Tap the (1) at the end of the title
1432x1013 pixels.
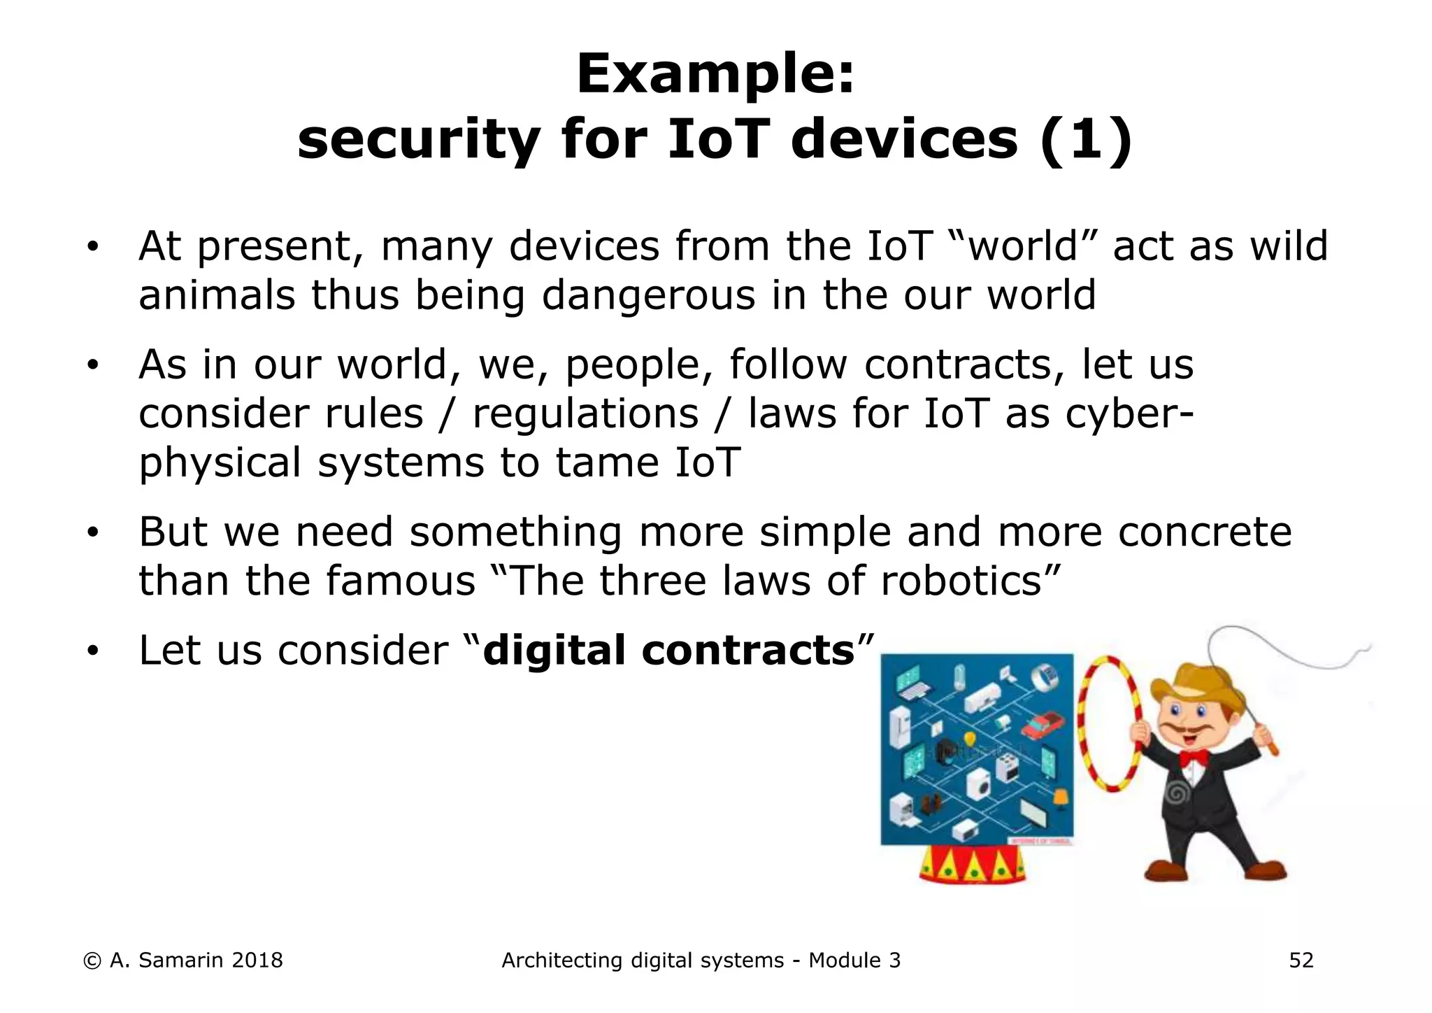(1085, 140)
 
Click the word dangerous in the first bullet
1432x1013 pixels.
(648, 295)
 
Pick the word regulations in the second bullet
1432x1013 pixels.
(585, 414)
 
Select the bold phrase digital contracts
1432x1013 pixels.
(668, 651)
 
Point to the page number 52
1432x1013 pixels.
(1301, 961)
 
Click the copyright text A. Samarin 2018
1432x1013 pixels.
(196, 961)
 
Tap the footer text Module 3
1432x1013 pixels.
(854, 961)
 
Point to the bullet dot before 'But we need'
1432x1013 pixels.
(92, 534)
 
